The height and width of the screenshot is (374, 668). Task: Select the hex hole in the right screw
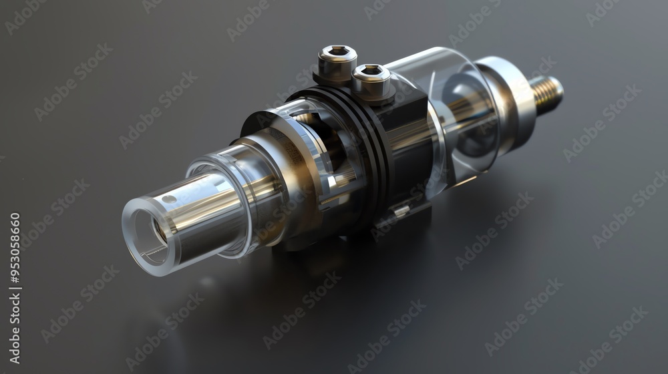coord(371,69)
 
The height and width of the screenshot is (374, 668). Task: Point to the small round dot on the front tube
coord(169,199)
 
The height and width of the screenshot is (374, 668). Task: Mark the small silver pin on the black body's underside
coord(401,211)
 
